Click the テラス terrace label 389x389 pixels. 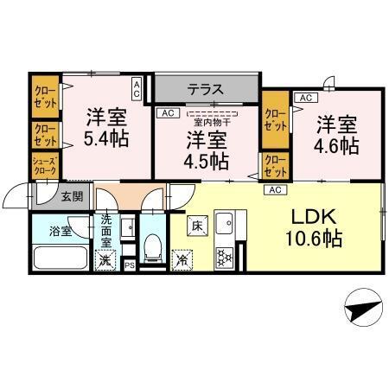[206, 88]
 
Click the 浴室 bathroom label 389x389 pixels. [61, 232]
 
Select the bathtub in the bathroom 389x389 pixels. [60, 259]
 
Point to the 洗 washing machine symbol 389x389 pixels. [105, 258]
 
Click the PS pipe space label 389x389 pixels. [129, 265]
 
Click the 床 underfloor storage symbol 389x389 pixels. [195, 226]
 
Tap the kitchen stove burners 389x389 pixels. [225, 257]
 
